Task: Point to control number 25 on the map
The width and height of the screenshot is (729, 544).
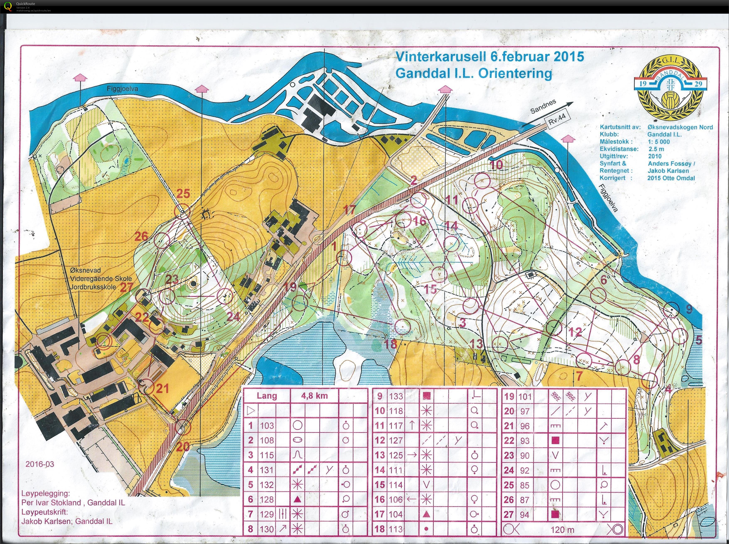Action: tap(183, 193)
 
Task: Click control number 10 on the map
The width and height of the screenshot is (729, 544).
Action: tap(496, 165)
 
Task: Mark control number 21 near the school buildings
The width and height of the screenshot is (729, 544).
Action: tap(162, 389)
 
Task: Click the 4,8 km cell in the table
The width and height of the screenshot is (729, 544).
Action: tap(314, 396)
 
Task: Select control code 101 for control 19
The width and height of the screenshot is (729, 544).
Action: tap(525, 396)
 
